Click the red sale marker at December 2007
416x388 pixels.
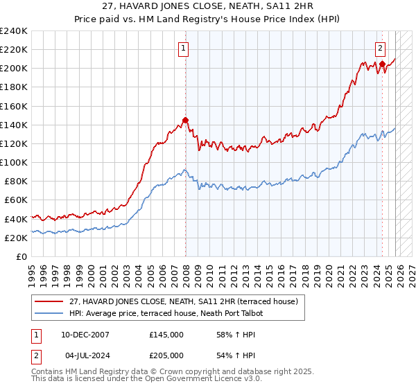[185, 120]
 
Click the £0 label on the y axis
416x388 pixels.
[21, 256]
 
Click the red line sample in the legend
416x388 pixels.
[50, 301]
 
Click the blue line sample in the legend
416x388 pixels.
[50, 313]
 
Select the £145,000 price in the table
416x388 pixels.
[166, 334]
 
